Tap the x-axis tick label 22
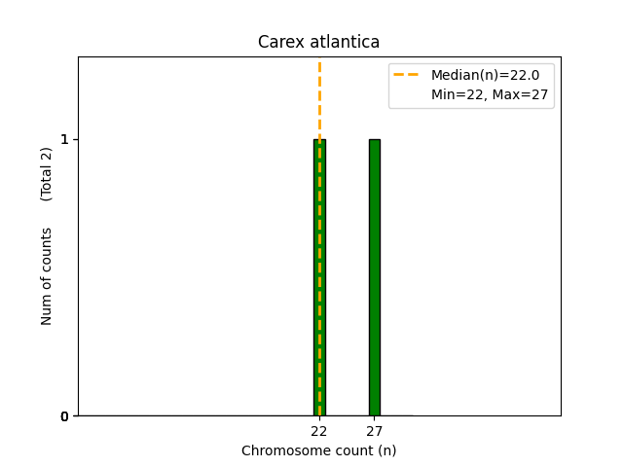319,431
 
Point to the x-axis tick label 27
375,431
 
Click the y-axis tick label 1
65,139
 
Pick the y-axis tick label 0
65,416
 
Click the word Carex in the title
277,42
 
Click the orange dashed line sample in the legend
408,75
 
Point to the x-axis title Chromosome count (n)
319,450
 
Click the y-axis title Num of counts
47,276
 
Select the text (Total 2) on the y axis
47,174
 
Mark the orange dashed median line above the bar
319,97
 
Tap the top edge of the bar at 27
375,139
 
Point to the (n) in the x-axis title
386,450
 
